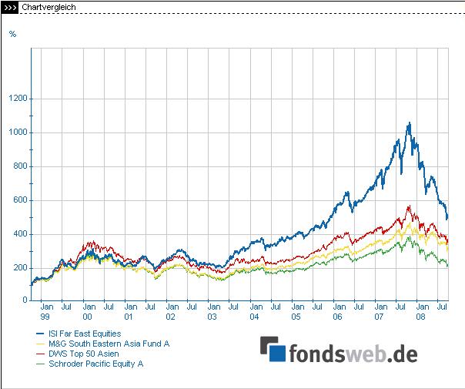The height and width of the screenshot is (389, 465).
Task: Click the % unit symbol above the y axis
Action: tap(12, 33)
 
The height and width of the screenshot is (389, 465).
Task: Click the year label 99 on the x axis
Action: tap(45, 317)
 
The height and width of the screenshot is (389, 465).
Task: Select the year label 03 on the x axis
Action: tap(212, 317)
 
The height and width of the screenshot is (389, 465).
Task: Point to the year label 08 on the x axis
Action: tap(421, 317)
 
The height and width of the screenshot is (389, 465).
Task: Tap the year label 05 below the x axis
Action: tap(296, 317)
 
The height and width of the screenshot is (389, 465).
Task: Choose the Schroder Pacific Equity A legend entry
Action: tap(95, 364)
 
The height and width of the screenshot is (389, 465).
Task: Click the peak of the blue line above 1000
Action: tap(409, 122)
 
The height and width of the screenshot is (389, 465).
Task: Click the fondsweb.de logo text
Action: tap(353, 354)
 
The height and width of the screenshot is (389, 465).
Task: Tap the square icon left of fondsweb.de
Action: tap(273, 350)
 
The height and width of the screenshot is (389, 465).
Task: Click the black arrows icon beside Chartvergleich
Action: tap(9, 7)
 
